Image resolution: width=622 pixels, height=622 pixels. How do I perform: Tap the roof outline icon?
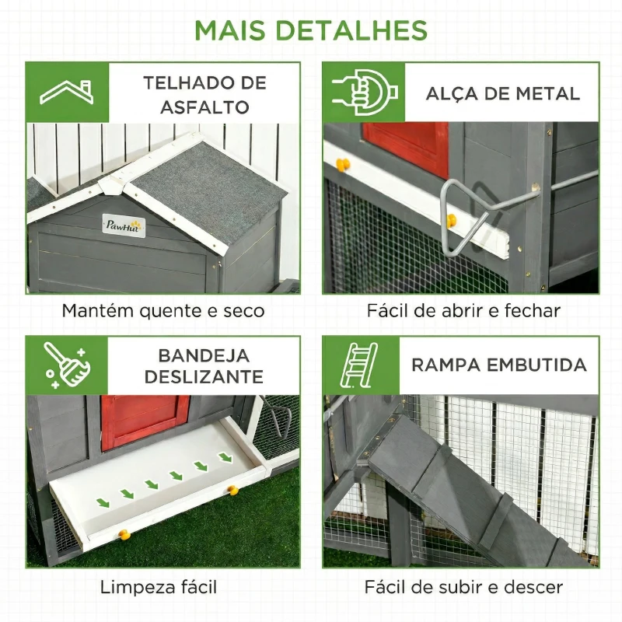(x=67, y=92)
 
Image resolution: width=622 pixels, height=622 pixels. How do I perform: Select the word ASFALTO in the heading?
(x=204, y=107)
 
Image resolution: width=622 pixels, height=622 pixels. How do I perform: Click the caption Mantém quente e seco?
(x=163, y=311)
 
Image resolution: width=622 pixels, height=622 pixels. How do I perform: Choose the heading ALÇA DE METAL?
(x=502, y=94)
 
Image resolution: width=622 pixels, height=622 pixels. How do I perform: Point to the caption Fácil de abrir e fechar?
(x=463, y=311)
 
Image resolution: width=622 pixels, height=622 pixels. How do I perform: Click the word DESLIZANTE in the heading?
(x=204, y=378)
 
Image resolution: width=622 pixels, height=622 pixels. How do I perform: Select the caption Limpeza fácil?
(x=158, y=586)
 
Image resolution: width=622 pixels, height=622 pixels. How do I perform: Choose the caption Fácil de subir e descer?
(x=463, y=586)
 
